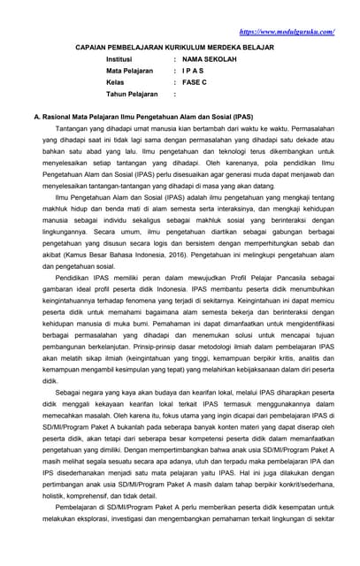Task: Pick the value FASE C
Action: tap(196, 93)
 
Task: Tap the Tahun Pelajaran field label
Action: tap(132, 105)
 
